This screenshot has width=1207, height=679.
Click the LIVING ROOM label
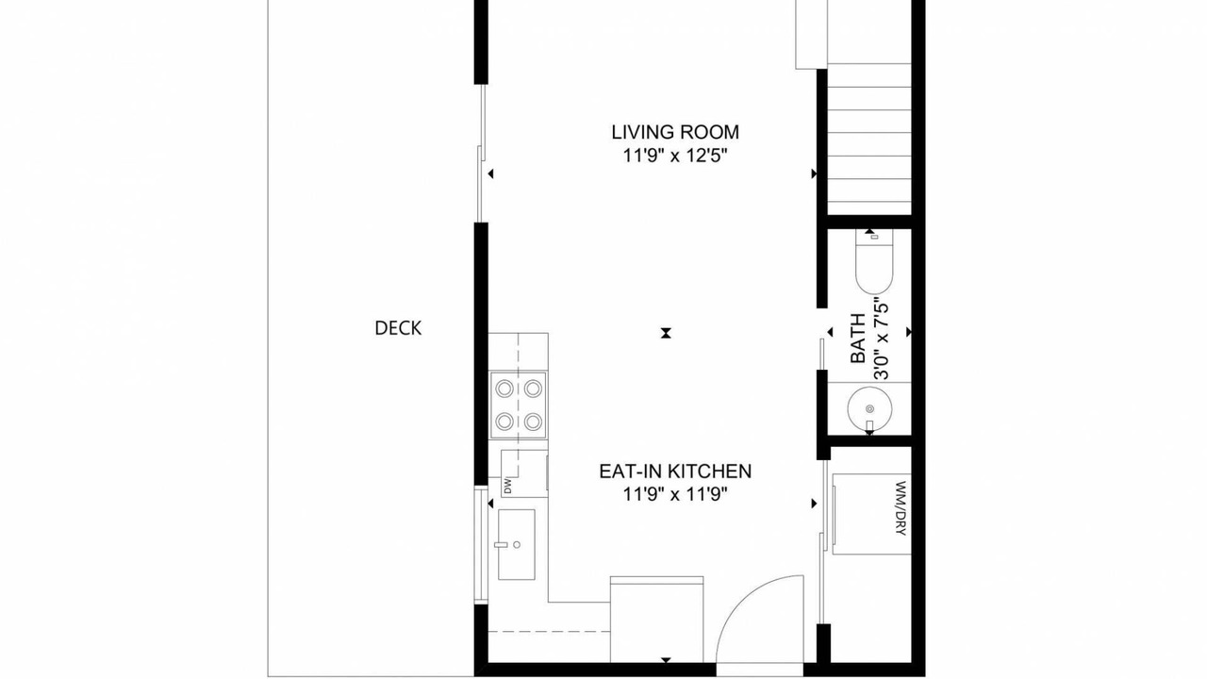(675, 132)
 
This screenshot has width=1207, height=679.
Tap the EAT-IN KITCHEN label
(675, 471)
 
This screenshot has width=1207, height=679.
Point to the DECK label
(398, 328)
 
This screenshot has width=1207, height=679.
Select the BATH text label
(857, 339)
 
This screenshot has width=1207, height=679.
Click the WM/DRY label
(901, 508)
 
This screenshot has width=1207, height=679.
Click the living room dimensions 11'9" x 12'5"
(675, 156)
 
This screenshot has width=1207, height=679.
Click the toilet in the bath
(874, 262)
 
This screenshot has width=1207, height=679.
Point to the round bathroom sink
(869, 409)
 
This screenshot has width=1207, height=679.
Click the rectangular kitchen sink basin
(516, 544)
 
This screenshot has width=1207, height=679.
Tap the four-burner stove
(518, 406)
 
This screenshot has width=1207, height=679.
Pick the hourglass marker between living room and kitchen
(666, 333)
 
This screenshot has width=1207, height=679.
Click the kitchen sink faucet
(501, 545)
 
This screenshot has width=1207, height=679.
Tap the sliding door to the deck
(482, 154)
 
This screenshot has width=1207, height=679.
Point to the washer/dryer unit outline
(871, 514)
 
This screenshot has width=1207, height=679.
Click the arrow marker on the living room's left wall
(490, 174)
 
